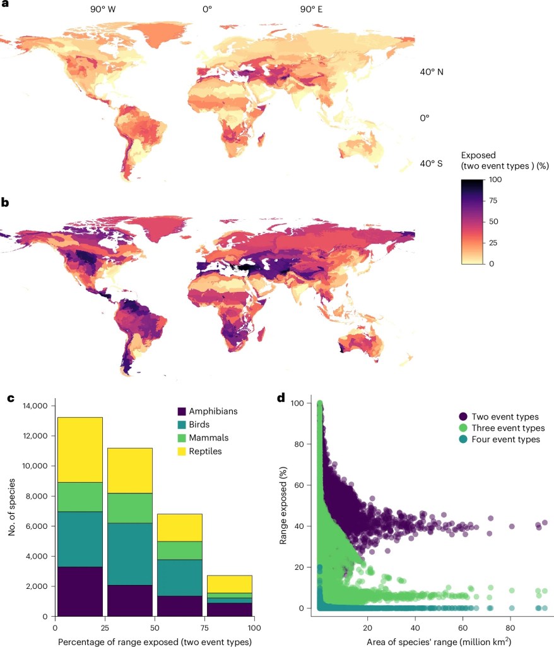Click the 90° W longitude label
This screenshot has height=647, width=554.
[103, 9]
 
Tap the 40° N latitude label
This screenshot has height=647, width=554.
[432, 72]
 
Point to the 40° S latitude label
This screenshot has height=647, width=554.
[431, 164]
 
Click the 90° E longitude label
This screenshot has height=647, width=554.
[311, 9]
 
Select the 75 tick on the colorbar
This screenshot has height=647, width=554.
[493, 200]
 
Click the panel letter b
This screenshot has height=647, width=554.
[5, 202]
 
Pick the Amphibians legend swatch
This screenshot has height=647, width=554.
[181, 411]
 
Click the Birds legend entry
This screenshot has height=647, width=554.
[193, 425]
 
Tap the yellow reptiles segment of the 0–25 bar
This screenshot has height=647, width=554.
[80, 450]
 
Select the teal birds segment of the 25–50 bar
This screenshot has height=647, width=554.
[130, 554]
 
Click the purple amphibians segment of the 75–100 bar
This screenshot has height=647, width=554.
[230, 610]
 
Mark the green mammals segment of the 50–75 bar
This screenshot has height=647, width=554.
[180, 550]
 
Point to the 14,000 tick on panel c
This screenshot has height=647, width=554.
[35, 406]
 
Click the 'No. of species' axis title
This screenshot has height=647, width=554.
[11, 507]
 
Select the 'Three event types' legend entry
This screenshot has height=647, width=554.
[502, 428]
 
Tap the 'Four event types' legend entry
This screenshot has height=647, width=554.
[499, 439]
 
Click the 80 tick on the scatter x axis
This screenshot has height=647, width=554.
[510, 627]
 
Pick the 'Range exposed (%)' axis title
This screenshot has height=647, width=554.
[283, 505]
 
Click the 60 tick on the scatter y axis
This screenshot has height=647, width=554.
[299, 485]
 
